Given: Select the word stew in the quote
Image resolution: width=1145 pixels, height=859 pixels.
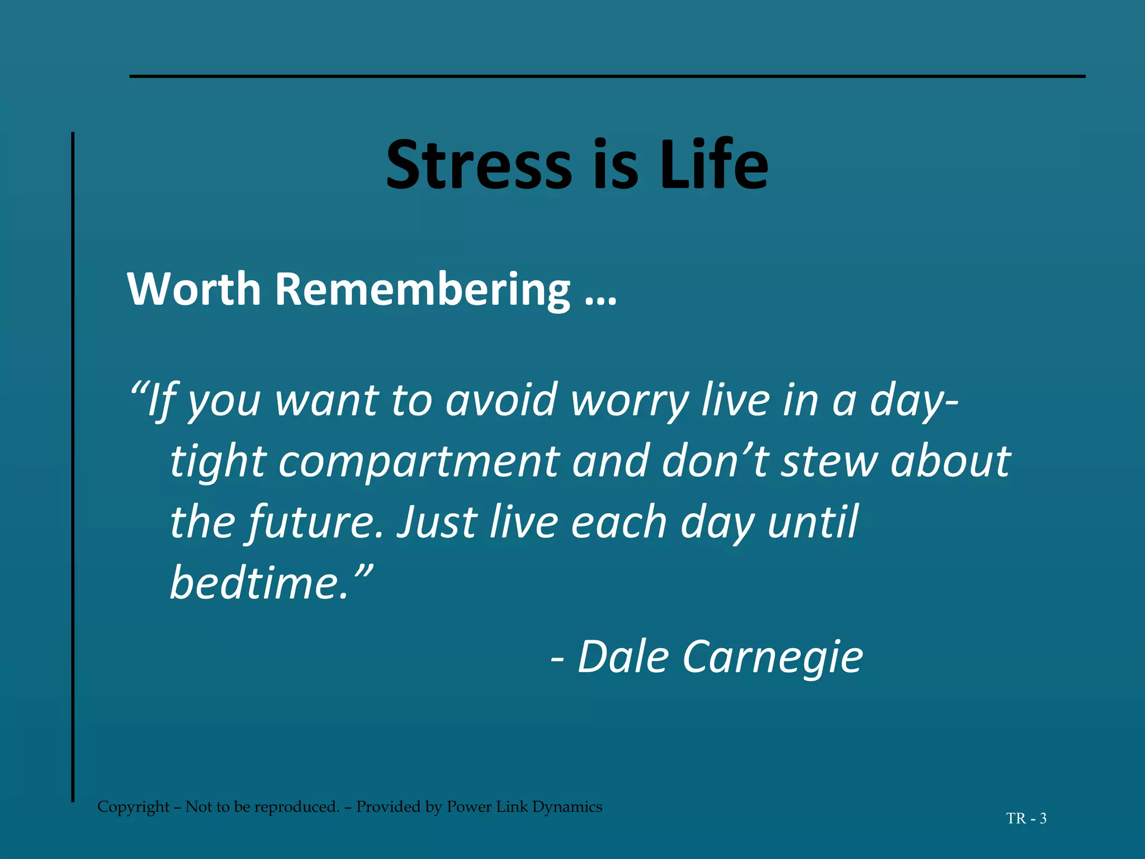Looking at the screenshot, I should point(830,462).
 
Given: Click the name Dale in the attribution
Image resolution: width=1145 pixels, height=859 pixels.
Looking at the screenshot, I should point(623,657).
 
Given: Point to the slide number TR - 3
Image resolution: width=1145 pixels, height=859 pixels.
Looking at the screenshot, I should point(1026,819).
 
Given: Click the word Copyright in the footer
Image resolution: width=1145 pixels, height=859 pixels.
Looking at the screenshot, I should point(133,807).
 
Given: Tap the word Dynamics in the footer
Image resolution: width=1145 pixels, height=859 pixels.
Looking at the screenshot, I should point(567,807).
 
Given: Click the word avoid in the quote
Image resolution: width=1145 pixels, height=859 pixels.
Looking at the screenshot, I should point(501,400).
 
